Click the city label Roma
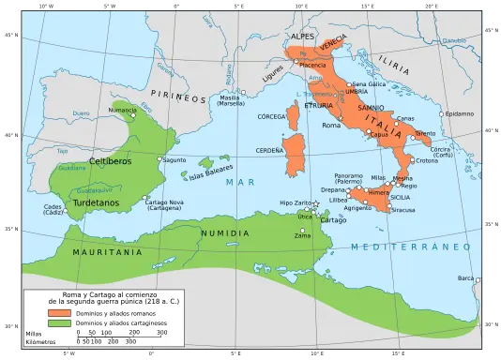tap(330, 125)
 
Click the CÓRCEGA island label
tap(274, 117)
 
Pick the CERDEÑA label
tap(271, 150)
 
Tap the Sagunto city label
tap(175, 160)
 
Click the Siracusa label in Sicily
tap(404, 211)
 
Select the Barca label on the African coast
tap(465, 277)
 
